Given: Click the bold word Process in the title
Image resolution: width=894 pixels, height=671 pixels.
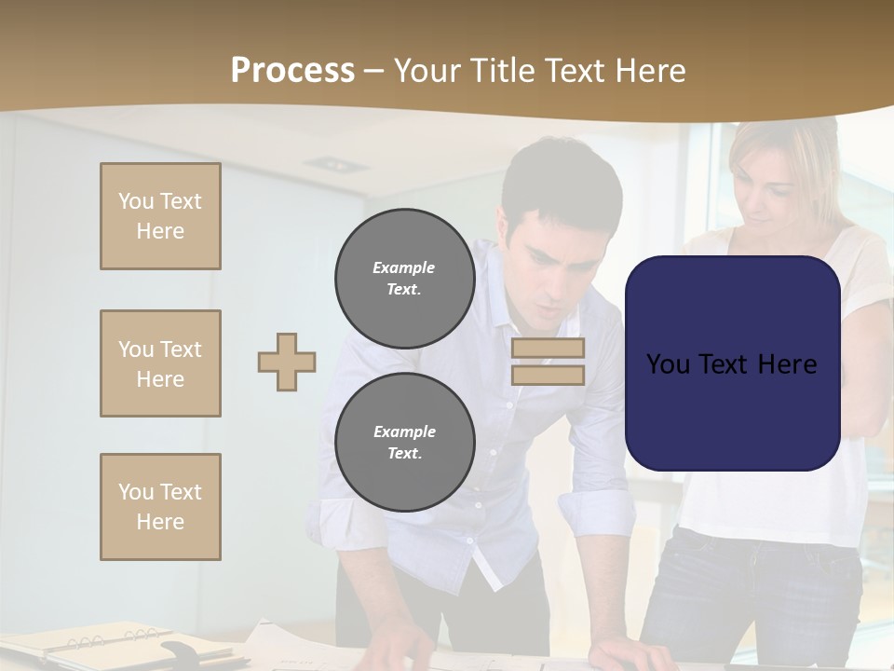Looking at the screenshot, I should tap(292, 71).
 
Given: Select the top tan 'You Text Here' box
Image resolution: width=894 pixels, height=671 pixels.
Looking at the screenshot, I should tap(160, 216).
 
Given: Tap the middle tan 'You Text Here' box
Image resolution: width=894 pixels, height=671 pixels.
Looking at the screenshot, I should tap(160, 363).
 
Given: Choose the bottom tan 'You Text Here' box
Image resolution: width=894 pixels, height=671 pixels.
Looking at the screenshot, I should tap(160, 507).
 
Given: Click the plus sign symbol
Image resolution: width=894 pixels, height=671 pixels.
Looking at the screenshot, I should tap(287, 362).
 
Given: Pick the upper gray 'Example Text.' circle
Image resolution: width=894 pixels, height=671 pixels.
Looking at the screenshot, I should tap(404, 279).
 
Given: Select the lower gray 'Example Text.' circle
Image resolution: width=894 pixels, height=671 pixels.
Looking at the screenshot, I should tap(404, 443).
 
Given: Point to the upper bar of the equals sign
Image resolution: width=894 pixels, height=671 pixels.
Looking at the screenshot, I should tap(548, 348).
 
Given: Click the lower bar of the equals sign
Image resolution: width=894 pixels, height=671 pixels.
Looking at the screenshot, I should tap(548, 376).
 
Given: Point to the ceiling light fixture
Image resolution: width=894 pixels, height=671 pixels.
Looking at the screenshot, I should tap(334, 165).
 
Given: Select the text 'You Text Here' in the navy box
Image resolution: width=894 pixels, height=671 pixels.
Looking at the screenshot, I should tap(732, 364).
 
